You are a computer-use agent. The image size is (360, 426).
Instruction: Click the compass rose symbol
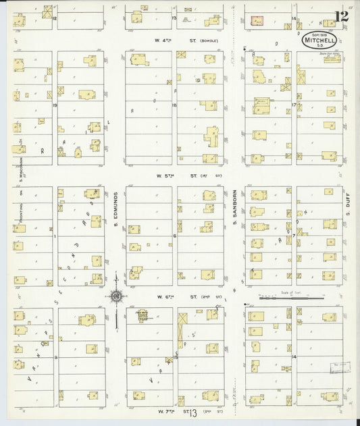point(117,295)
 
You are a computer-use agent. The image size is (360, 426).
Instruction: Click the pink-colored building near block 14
point(257,22)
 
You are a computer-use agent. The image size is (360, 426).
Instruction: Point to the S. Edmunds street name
point(116,210)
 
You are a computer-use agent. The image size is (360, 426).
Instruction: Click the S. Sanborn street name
point(236,210)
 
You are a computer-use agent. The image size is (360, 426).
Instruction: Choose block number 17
point(294,105)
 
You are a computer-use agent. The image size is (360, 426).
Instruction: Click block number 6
point(174,236)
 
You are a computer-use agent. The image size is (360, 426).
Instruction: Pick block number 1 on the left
point(55,236)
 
